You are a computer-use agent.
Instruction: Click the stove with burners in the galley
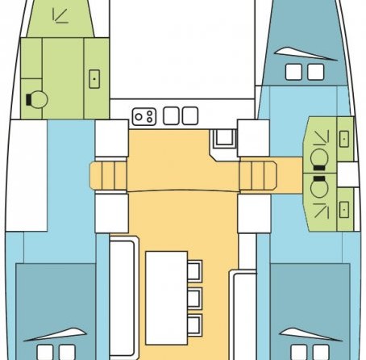144,116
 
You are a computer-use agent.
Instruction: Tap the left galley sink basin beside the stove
170,116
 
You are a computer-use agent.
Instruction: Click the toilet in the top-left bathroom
35,100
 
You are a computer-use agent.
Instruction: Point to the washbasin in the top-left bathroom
95,79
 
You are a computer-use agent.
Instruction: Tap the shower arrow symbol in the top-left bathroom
58,15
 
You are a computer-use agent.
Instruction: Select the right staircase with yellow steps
257,172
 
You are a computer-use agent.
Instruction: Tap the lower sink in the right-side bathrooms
344,208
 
